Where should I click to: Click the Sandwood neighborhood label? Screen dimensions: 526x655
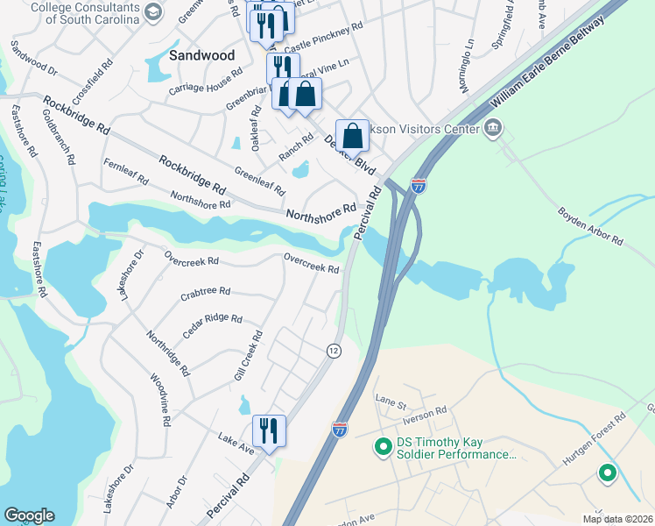[x=202, y=55]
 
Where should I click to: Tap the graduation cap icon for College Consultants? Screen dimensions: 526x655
[x=154, y=11]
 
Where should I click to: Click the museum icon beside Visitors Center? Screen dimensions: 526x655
[x=493, y=129]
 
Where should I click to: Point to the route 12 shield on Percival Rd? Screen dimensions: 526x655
[x=333, y=350]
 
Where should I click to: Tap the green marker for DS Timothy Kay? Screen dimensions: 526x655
[x=383, y=447]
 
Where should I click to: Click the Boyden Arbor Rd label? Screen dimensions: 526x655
[x=590, y=226]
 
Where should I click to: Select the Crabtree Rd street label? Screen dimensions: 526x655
[x=205, y=291]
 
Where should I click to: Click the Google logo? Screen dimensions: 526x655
[x=29, y=515]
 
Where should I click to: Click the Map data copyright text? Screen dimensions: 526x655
[x=617, y=519]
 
